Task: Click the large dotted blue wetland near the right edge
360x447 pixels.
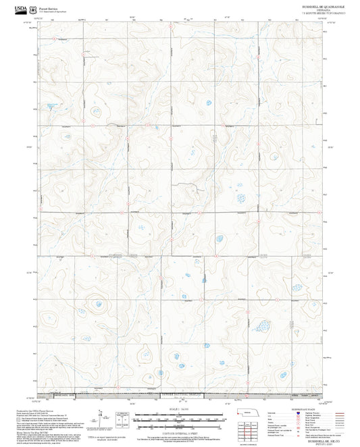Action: (x=259, y=327)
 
